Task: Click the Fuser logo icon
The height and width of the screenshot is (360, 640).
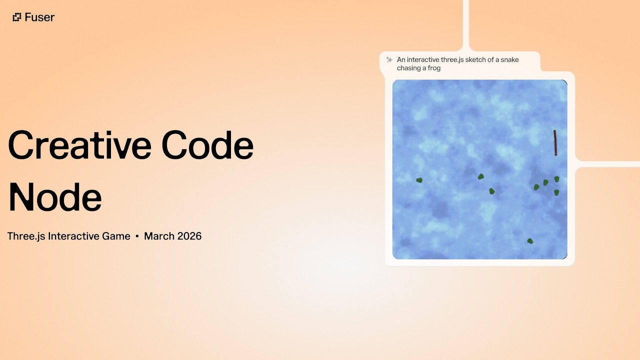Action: (17, 17)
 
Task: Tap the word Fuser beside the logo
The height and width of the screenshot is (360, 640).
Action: (40, 17)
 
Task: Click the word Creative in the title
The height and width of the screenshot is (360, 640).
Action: (78, 145)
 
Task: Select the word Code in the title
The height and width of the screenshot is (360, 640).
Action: (207, 145)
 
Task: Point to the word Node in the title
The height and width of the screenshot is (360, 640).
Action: (55, 197)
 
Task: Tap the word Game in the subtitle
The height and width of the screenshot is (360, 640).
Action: (115, 236)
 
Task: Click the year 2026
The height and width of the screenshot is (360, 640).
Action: (188, 236)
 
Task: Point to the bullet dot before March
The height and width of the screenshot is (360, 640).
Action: (137, 236)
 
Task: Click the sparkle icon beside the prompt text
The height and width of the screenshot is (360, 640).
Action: (389, 59)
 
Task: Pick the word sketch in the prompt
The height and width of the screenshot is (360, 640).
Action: (475, 59)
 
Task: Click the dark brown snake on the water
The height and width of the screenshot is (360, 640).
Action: (555, 143)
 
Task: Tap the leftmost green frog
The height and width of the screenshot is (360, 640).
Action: (419, 180)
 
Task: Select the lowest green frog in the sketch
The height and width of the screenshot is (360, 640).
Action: (530, 241)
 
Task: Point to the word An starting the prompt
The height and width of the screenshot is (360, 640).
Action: (401, 59)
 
